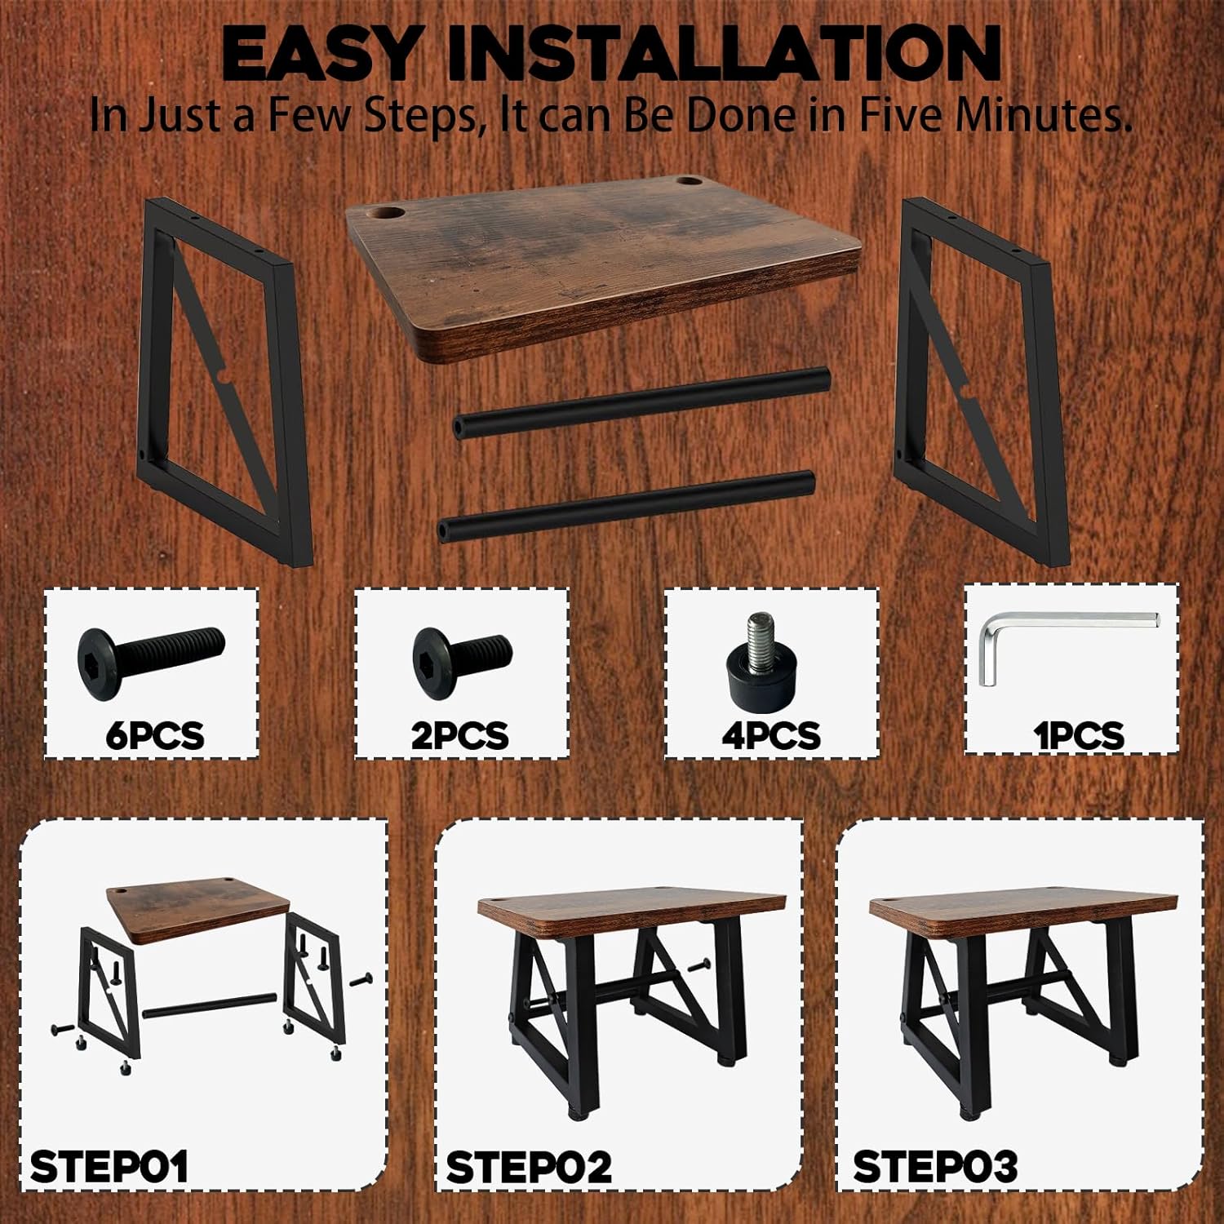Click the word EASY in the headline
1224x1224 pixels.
[319, 54]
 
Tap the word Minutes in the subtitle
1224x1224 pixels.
[1043, 114]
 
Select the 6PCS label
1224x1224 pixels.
[154, 735]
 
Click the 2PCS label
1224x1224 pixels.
[459, 735]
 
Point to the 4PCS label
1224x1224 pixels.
[770, 735]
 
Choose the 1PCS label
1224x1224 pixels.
[1079, 735]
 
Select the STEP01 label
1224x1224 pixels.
[109, 1167]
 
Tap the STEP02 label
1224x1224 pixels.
[529, 1167]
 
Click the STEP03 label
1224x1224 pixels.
[935, 1167]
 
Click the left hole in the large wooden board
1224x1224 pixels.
[389, 215]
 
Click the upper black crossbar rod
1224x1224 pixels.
[641, 402]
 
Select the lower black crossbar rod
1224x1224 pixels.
[627, 506]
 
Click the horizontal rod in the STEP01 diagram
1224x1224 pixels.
[208, 1004]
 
